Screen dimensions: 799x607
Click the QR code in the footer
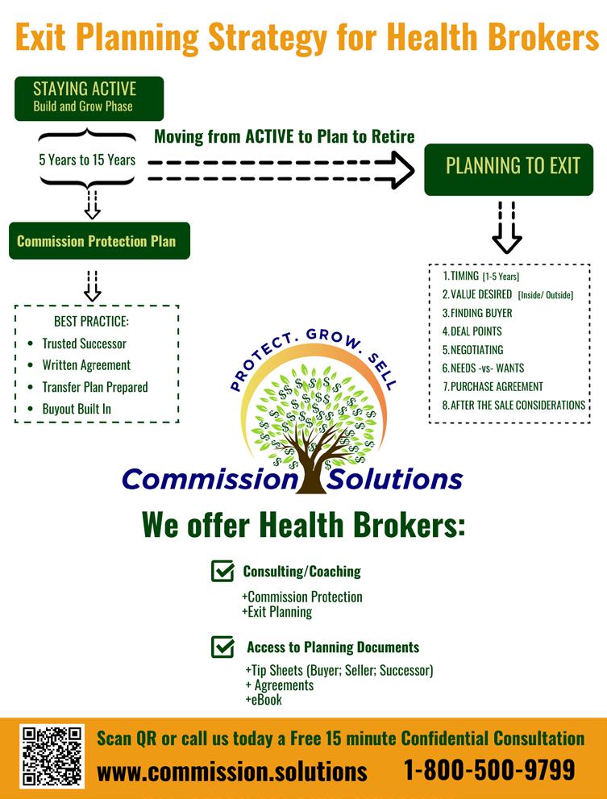52,756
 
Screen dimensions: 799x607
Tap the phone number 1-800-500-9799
489,770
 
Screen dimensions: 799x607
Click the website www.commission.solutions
231,772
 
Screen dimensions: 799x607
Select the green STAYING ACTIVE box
89,98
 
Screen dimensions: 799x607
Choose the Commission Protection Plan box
99,240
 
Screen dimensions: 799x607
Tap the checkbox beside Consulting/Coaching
222,571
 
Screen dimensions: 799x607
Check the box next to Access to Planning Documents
222,647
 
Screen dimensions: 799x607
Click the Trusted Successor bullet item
84,343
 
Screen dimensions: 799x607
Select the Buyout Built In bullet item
77,409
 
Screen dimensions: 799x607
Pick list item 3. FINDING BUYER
477,313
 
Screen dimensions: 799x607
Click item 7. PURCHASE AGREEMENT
493,386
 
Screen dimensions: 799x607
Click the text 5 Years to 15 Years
87,160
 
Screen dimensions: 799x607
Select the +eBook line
264,700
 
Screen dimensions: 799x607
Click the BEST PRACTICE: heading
91,322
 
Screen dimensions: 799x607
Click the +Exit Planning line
276,611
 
